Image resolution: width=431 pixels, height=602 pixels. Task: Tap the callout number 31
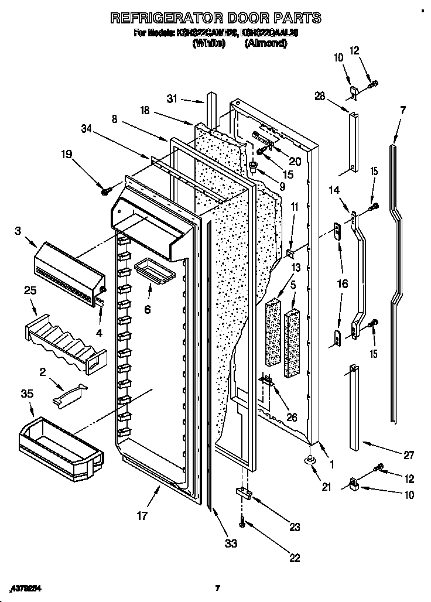(171, 100)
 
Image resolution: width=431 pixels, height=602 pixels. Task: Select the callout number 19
(67, 155)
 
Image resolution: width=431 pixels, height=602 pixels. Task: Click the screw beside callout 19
(105, 190)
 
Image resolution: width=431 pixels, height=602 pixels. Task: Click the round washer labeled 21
(309, 461)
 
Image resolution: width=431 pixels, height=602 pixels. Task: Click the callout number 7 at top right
(402, 110)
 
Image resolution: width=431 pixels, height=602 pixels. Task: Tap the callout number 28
(319, 96)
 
